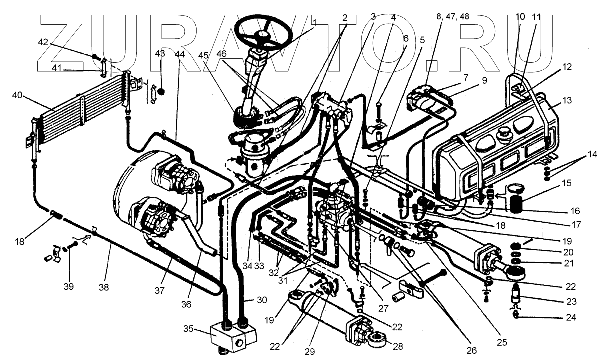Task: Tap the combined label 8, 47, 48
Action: [x=453, y=16]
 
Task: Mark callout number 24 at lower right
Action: [x=571, y=317]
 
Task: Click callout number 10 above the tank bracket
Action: [x=520, y=16]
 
